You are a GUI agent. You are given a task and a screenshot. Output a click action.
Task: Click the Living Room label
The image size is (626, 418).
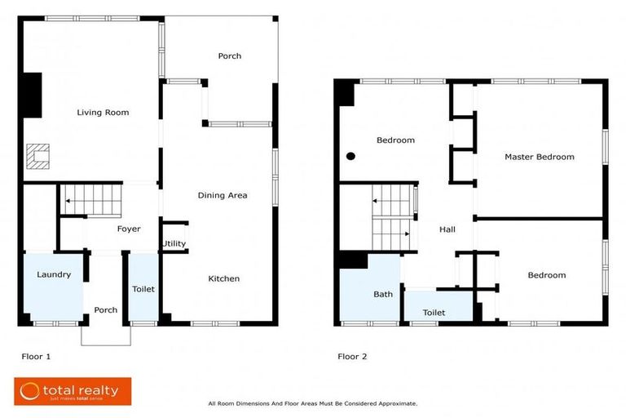103,113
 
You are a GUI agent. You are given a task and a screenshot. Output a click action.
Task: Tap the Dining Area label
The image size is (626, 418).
223,195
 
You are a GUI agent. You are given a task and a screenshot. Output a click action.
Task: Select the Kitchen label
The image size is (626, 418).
223,279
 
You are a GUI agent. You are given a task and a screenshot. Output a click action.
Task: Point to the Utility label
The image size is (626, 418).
174,244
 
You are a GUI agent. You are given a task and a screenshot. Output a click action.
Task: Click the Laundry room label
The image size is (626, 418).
54,275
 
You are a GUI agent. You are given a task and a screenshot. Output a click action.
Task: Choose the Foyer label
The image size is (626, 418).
129,229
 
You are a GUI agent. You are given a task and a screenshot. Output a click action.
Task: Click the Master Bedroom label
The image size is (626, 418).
539,157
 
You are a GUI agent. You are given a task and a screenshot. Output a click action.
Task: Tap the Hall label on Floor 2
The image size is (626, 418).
447,230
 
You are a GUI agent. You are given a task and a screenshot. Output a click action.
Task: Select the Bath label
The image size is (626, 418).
383,294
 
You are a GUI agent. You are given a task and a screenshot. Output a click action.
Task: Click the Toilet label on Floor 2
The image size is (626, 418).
434,313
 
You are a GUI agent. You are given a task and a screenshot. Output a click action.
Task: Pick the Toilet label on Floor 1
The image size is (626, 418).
143,289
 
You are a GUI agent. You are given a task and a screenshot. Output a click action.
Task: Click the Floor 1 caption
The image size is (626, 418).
36,357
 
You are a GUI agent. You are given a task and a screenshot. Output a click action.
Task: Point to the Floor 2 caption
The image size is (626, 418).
352,357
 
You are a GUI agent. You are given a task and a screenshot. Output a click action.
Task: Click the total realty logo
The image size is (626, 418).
72,392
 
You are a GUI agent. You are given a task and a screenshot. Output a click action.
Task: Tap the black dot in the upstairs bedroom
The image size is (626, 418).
350,156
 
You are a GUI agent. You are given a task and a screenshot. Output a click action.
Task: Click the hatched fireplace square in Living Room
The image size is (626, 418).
37,156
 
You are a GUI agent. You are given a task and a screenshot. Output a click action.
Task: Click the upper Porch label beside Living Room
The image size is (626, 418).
229,56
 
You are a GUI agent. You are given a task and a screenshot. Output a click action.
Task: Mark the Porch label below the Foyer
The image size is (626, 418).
105,310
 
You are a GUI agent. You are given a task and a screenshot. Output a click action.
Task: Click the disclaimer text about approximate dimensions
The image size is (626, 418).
313,403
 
